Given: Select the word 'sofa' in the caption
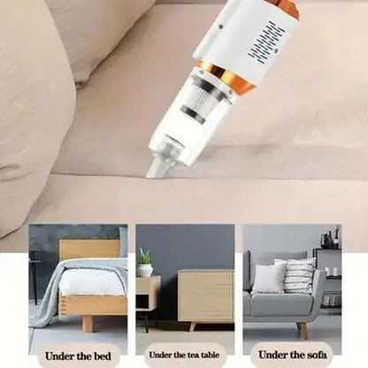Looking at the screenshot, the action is click(316, 355).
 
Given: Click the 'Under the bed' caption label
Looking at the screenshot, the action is click(78, 356).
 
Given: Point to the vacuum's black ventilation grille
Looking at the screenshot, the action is click(267, 41).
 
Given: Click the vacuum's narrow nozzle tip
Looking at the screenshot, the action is click(157, 167).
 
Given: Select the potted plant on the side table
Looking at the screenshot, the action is click(145, 262).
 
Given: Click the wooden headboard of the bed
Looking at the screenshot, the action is click(90, 249).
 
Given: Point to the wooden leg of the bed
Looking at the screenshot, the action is click(87, 324).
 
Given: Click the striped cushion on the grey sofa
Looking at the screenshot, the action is click(298, 276).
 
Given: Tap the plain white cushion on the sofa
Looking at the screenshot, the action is click(268, 279).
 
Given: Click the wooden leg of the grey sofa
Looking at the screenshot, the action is click(303, 330).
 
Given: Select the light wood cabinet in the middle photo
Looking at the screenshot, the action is click(206, 295).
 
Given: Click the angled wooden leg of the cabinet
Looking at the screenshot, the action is click(193, 326).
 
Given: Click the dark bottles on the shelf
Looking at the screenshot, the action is click(330, 238).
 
